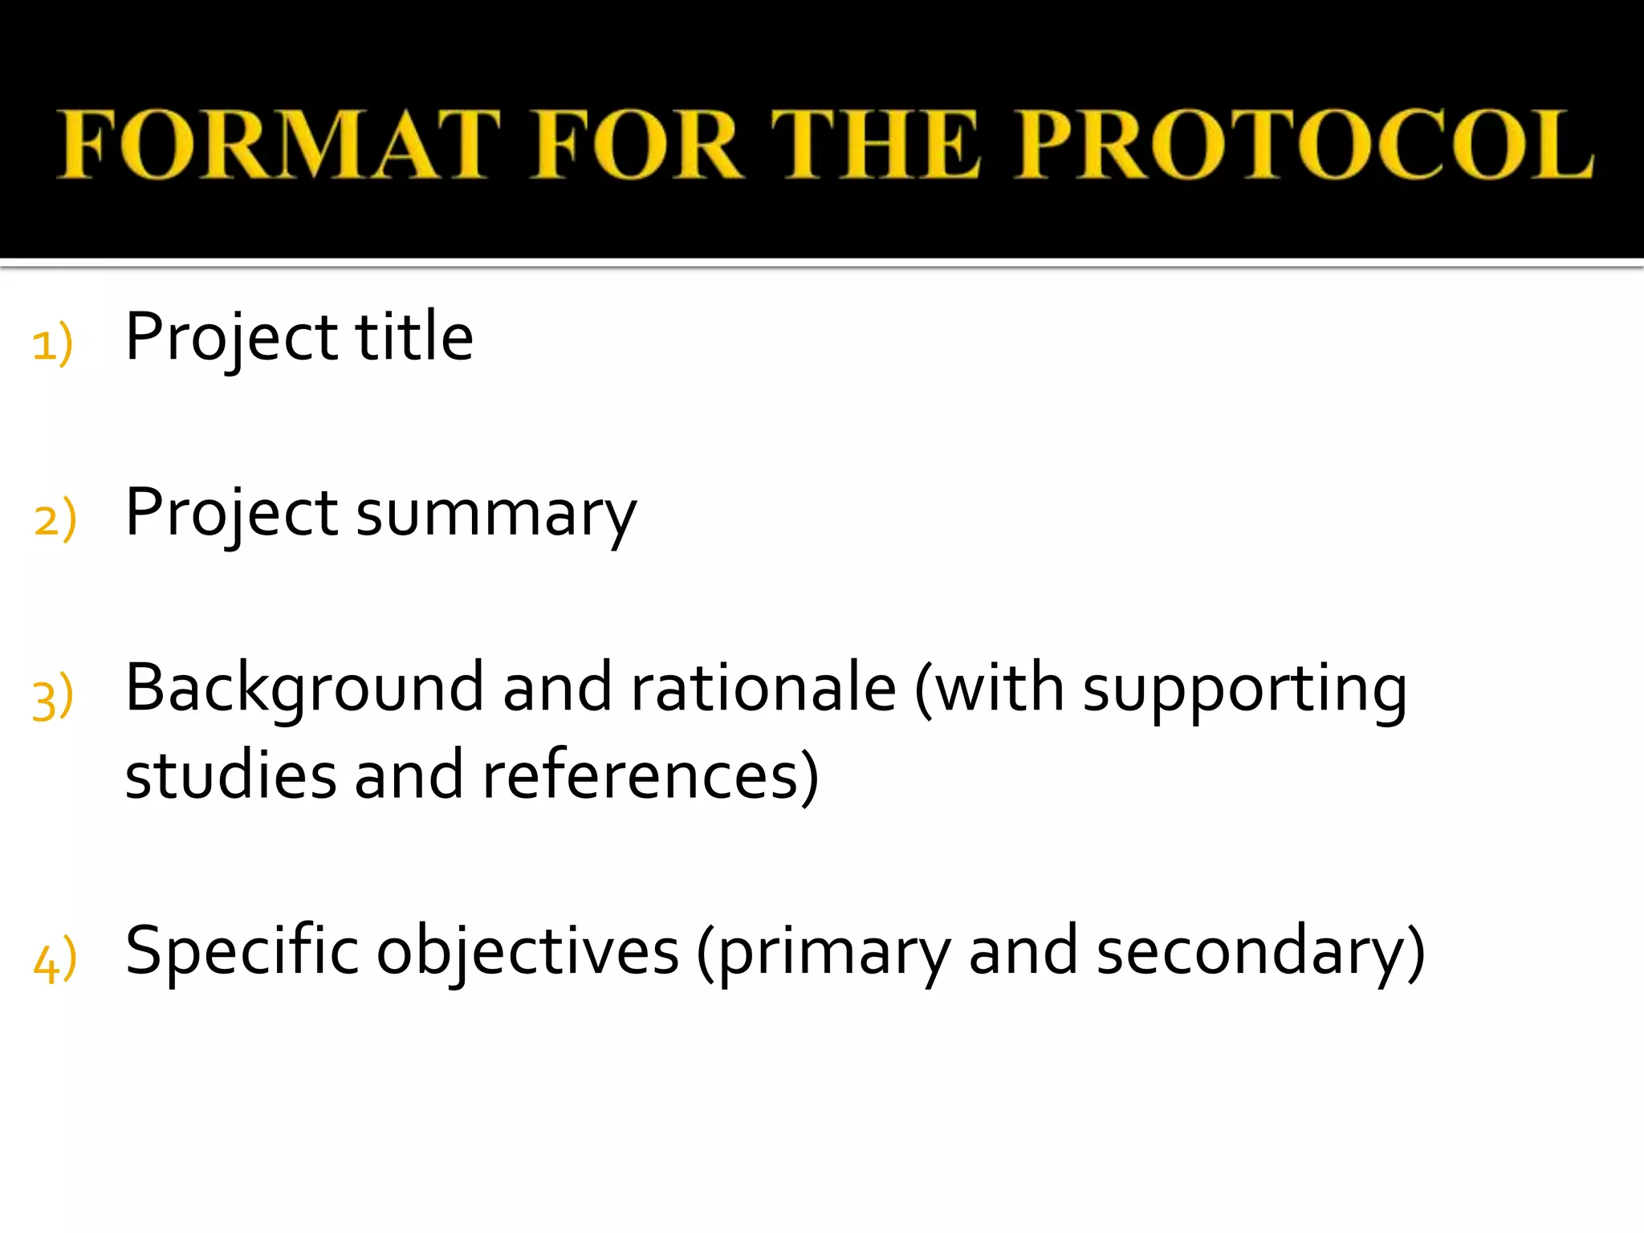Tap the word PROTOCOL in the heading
pos(1304,144)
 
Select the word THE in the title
pos(875,144)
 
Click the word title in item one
pos(414,337)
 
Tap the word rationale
pos(763,689)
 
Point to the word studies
pos(231,775)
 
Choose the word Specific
pos(242,952)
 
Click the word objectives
pos(528,952)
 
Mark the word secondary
pos(1252,952)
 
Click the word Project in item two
pos(231,514)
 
